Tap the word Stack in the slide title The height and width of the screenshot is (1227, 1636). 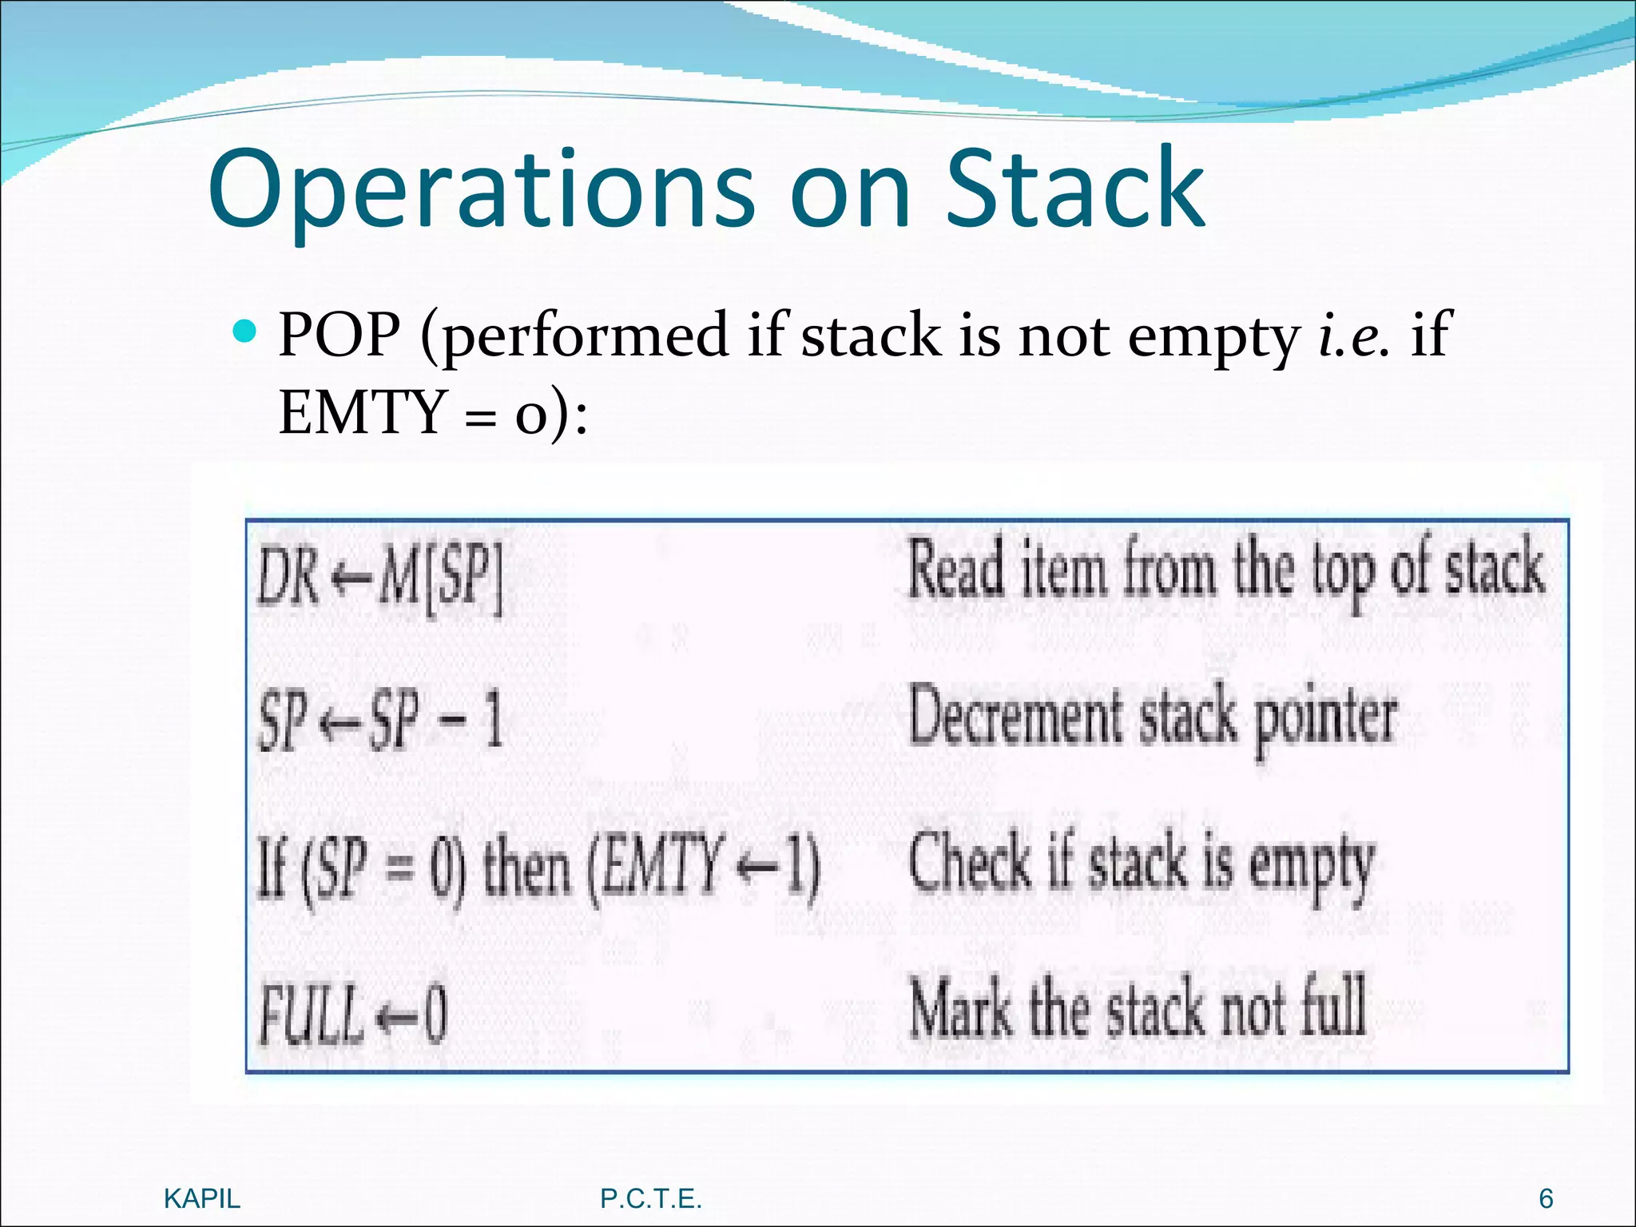coord(1074,190)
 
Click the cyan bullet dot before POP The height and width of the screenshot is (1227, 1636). coord(246,330)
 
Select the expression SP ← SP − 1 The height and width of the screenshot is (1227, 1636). coord(380,721)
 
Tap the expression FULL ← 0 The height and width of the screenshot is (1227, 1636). coord(351,1015)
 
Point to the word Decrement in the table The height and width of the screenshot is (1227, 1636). coord(1015,717)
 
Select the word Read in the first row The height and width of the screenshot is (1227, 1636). coord(955,569)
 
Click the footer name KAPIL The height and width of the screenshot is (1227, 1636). coord(201,1198)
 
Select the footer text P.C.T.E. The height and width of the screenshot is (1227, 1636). coord(650,1198)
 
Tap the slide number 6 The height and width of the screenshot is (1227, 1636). coord(1546,1198)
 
